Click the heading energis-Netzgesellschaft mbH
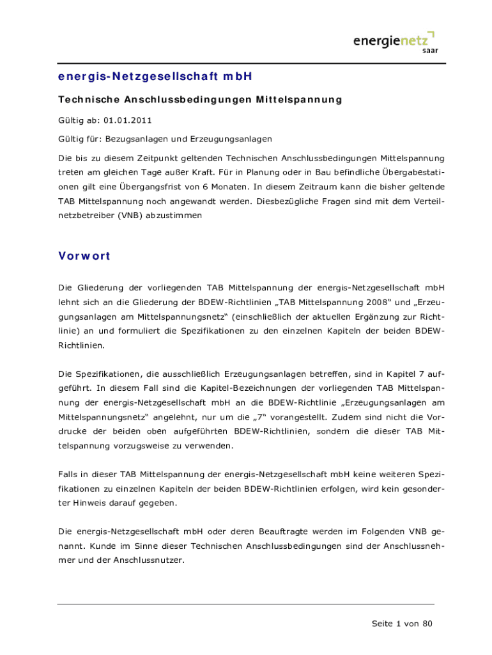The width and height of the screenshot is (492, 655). click(155, 77)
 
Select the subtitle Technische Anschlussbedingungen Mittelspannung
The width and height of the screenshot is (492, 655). click(200, 100)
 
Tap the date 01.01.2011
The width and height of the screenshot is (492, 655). click(130, 120)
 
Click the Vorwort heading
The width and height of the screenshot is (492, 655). click(84, 256)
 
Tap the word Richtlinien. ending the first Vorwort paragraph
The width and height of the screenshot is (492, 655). click(81, 345)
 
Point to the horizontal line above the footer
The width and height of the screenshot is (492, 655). click(245, 604)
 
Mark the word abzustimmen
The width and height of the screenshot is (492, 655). click(173, 216)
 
